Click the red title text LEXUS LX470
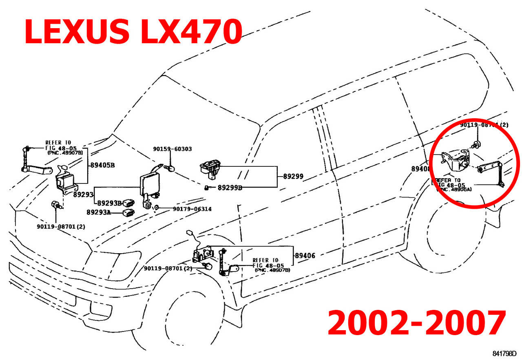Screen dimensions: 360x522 [x=133, y=31]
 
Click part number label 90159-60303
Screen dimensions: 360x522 [x=173, y=149]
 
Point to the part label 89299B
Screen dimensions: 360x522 [x=230, y=188]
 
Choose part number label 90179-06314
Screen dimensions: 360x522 [x=192, y=209]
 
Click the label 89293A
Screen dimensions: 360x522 [x=99, y=212]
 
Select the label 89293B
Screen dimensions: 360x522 [x=110, y=203]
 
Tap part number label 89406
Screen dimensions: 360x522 [x=305, y=256]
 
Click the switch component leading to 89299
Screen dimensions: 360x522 [x=211, y=168]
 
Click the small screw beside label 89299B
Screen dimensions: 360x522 [x=207, y=188]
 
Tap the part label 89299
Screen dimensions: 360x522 [x=294, y=177]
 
